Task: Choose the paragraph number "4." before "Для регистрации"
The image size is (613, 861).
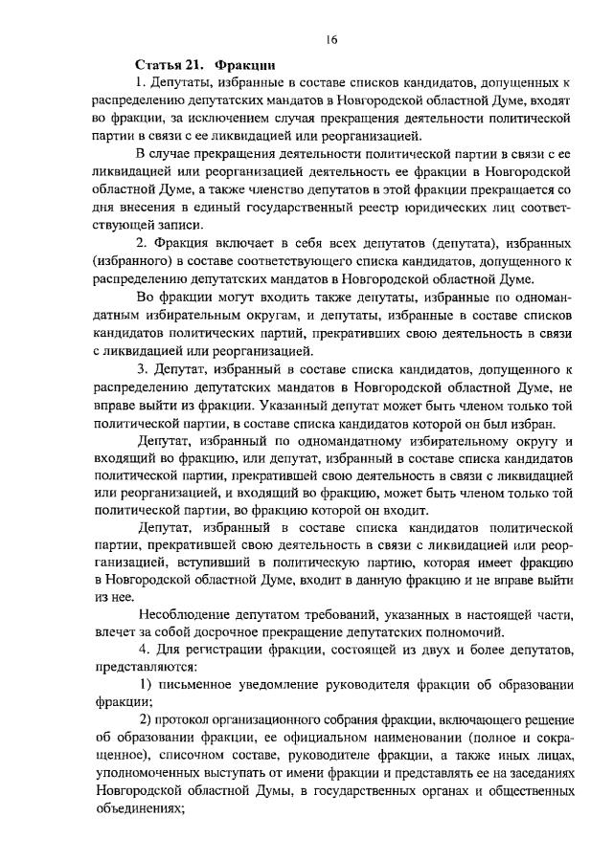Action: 144,651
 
